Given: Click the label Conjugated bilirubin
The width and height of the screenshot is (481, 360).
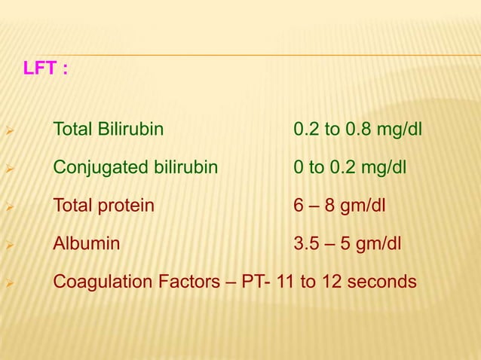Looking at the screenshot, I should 136,167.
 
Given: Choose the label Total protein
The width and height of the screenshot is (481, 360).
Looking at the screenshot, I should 103,205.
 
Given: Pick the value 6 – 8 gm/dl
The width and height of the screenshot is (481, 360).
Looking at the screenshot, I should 339,205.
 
